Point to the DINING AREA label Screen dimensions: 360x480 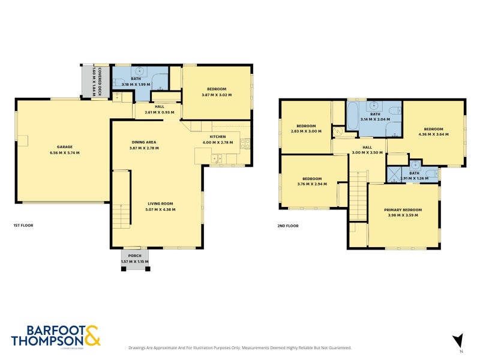pyautogui.click(x=145, y=142)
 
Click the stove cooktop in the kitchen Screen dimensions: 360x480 pyautogui.click(x=245, y=143)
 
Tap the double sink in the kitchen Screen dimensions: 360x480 pyautogui.click(x=217, y=158)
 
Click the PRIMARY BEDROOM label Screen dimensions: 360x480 pyautogui.click(x=403, y=210)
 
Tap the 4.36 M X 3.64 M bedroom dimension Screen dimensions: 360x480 pyautogui.click(x=433, y=135)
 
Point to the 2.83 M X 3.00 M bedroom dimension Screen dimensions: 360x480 pyautogui.click(x=306, y=131)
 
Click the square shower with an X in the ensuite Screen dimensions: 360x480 pyautogui.click(x=394, y=175)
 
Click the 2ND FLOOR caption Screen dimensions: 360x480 pyautogui.click(x=288, y=226)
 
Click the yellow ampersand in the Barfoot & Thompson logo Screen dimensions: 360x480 pyautogui.click(x=91, y=336)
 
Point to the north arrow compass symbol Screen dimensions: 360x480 pyautogui.click(x=458, y=341)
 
